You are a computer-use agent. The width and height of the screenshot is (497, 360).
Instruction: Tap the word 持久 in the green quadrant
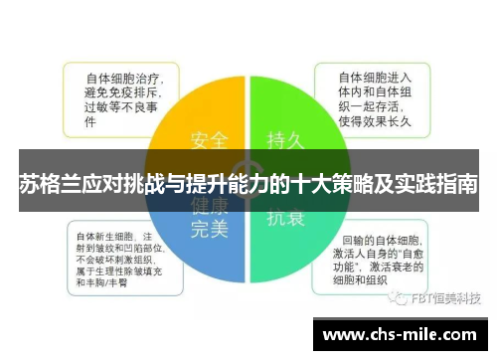click(285, 138)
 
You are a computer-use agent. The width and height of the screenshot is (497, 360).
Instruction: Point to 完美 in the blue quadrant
click(209, 229)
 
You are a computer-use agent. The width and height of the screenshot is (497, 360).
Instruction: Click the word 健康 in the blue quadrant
click(209, 206)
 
